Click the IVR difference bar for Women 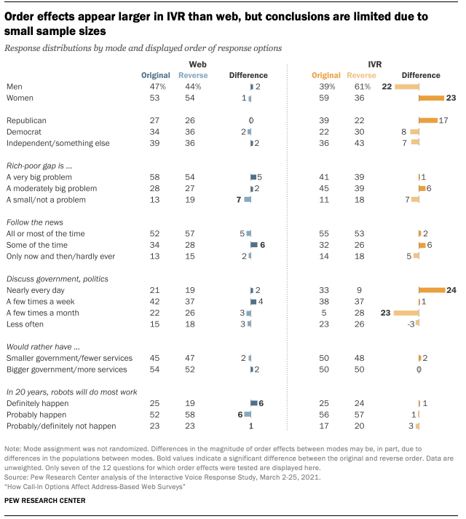coord(431,98)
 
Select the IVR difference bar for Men coord(406,87)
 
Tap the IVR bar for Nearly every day coord(432,290)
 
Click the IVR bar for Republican coord(428,120)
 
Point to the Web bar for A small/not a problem coord(248,199)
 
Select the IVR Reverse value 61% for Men coord(356,87)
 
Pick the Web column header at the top coord(196,65)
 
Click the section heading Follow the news coord(33,222)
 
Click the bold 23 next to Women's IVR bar coord(450,98)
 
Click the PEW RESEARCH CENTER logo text coord(46,501)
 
